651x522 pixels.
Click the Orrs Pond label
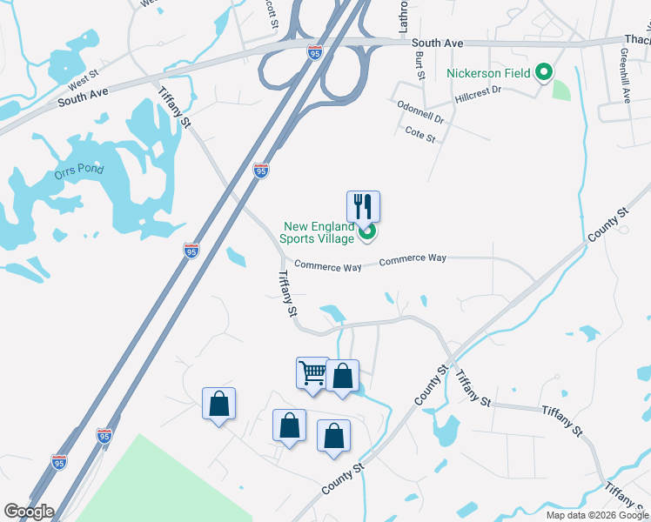[78, 170]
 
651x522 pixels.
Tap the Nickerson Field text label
[490, 73]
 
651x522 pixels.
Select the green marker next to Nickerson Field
[545, 72]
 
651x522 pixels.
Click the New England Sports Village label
[318, 232]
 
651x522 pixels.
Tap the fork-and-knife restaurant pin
[363, 207]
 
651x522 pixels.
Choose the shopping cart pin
[312, 373]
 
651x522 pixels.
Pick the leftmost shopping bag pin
[218, 404]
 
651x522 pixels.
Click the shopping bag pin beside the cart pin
[342, 377]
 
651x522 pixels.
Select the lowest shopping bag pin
[333, 437]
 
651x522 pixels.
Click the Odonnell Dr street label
[420, 112]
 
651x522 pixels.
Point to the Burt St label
[419, 64]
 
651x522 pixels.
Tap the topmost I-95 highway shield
[315, 54]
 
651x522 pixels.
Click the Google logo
[29, 512]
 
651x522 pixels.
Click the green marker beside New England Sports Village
[367, 231]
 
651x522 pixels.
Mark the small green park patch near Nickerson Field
[561, 90]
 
